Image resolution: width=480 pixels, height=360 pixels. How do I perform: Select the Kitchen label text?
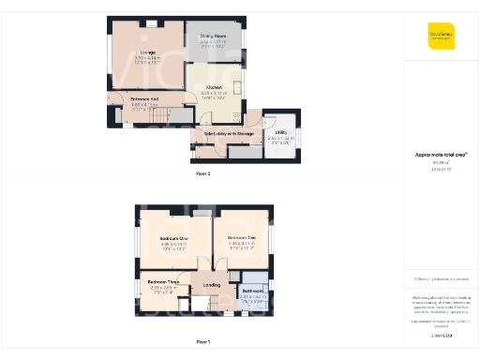214,86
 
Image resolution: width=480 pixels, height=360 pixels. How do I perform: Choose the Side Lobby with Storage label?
223,133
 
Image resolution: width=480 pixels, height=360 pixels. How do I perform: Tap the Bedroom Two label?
242,238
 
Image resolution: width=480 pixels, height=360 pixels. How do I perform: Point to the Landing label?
213,285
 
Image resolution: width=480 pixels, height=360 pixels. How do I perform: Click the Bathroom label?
251,291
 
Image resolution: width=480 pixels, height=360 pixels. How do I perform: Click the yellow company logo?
441,36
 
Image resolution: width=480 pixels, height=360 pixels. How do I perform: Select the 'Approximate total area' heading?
441,154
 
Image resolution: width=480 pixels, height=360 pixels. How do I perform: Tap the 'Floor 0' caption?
203,174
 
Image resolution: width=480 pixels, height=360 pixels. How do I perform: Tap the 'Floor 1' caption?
203,342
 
